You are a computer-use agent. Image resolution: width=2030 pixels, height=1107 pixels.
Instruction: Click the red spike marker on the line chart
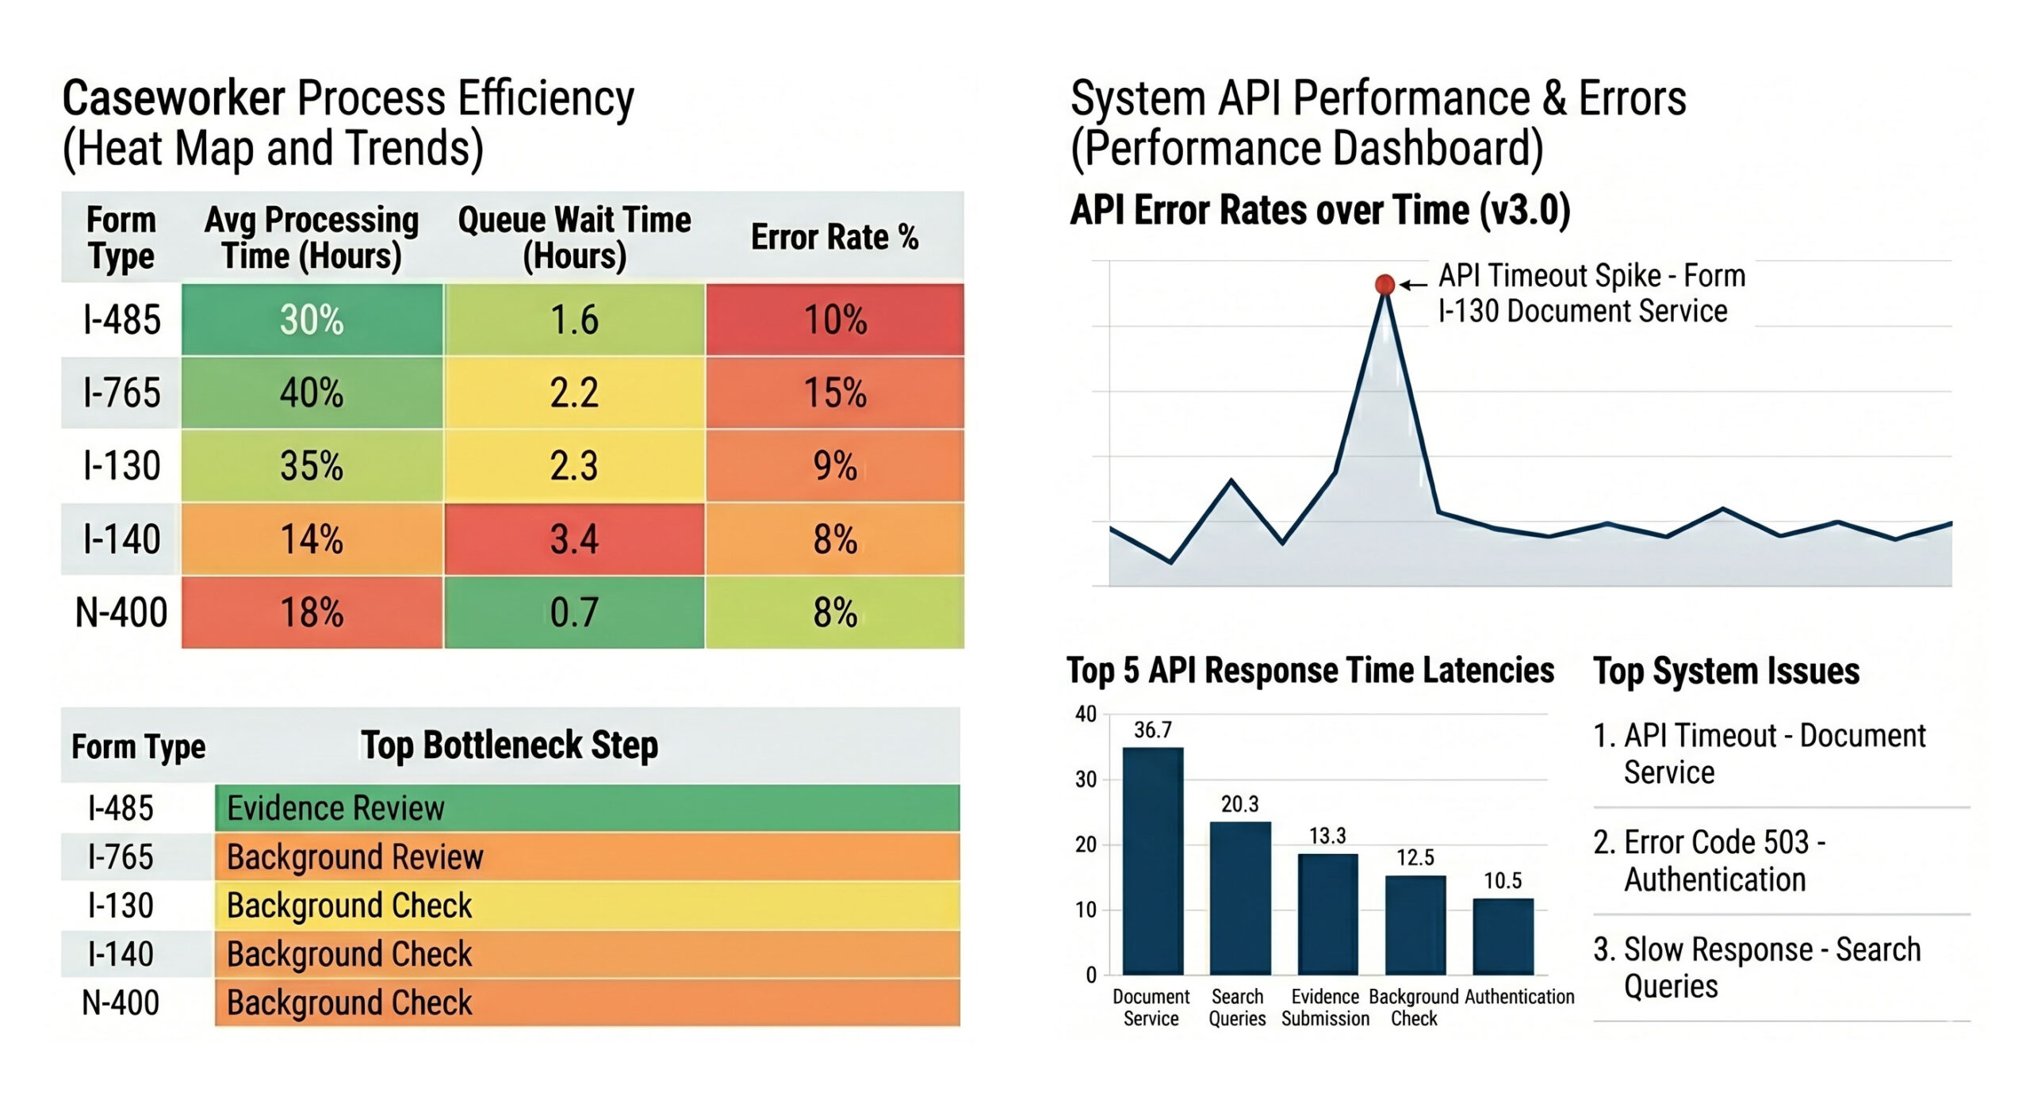click(x=1385, y=284)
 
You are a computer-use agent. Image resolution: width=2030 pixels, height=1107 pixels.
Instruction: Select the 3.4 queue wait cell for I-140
click(x=574, y=539)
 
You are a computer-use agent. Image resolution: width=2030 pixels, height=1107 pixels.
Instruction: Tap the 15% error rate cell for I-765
click(x=835, y=393)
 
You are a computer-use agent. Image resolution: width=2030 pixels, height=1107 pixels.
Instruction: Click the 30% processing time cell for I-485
click(x=312, y=320)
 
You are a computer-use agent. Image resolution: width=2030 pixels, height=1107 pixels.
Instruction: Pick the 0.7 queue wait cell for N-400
click(x=574, y=612)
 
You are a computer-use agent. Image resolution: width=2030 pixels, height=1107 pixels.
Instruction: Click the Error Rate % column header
click(x=834, y=237)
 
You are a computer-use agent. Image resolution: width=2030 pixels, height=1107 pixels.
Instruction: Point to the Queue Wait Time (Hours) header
click(x=574, y=237)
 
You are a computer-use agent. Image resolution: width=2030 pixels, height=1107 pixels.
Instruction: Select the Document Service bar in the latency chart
click(x=1153, y=860)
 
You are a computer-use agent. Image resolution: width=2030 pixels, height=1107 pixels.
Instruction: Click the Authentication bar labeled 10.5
click(x=1503, y=936)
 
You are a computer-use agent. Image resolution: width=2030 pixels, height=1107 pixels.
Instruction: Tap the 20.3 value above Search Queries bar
click(x=1239, y=804)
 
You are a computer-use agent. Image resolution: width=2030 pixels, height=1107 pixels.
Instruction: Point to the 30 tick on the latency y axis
click(x=1086, y=779)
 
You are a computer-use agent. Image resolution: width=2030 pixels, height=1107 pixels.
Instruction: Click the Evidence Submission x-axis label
click(x=1325, y=1007)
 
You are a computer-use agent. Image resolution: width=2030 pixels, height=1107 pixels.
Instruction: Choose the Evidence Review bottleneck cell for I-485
click(x=587, y=808)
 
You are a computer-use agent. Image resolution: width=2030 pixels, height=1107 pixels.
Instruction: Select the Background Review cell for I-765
click(x=587, y=856)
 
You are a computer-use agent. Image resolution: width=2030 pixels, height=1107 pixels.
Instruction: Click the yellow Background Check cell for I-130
click(x=587, y=906)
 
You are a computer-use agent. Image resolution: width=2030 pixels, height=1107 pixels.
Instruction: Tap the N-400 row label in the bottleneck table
click(x=121, y=1002)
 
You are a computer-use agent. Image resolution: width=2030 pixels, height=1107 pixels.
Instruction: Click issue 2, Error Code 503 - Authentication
click(x=1713, y=860)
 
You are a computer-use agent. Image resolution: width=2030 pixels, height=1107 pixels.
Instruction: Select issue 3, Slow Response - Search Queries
click(x=1756, y=967)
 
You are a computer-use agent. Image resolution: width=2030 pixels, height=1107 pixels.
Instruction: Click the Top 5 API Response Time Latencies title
click(x=1310, y=671)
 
